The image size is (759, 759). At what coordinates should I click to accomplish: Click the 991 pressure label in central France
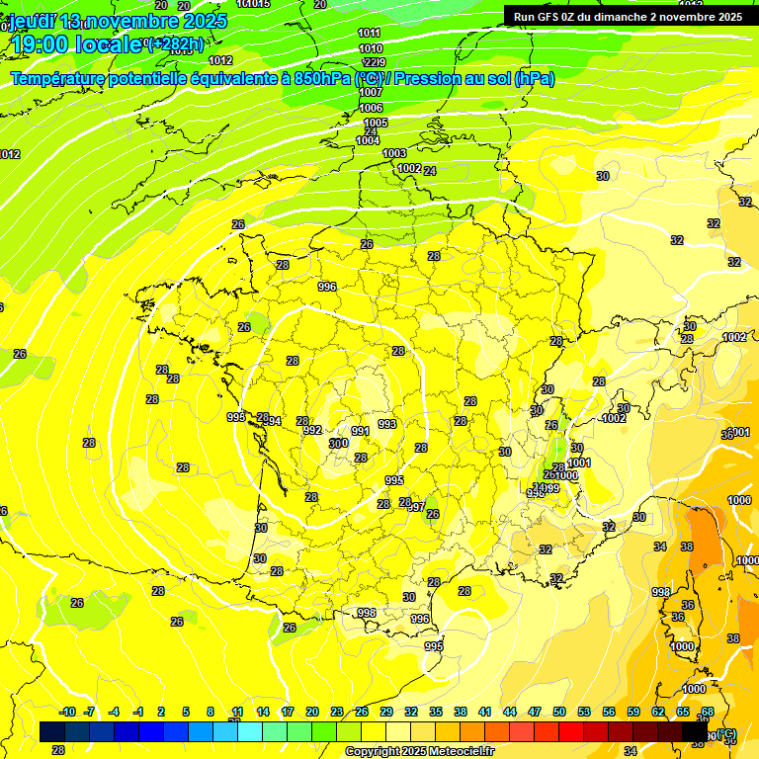(x=361, y=431)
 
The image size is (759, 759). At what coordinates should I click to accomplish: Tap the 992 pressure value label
(x=312, y=431)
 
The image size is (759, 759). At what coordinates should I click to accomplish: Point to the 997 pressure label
(x=417, y=507)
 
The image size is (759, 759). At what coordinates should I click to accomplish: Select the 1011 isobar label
(x=370, y=34)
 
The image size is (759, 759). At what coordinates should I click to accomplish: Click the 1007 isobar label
(x=371, y=92)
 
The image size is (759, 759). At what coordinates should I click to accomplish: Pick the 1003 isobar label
(x=394, y=153)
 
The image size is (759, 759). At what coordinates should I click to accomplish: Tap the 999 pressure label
(x=549, y=488)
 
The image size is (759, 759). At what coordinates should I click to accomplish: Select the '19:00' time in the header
(x=39, y=44)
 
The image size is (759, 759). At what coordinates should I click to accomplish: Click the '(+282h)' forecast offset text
(x=175, y=44)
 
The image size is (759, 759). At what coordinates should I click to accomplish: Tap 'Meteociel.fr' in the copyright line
(x=462, y=752)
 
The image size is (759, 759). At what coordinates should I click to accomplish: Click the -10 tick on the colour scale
(x=67, y=712)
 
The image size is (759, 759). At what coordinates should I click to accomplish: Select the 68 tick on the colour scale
(x=708, y=712)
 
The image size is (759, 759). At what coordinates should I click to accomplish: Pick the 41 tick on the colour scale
(x=485, y=712)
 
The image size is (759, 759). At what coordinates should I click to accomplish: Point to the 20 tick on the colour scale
(x=312, y=712)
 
